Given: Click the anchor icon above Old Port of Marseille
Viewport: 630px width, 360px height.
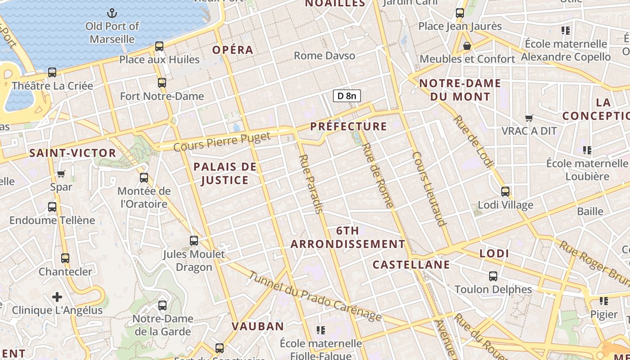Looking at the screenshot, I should pos(112,13).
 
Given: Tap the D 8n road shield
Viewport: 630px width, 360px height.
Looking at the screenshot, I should pos(346,95).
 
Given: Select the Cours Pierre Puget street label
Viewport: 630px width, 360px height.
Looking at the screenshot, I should pos(222,141).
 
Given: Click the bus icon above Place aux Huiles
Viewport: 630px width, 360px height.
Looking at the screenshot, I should pos(159,46).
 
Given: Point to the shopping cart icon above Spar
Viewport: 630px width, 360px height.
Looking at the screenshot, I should pos(61,174).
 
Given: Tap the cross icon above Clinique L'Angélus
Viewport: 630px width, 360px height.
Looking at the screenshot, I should pos(57,297).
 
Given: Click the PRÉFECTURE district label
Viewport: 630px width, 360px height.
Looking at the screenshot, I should pos(349,126).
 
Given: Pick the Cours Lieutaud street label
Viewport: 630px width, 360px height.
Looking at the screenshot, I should pos(429,189).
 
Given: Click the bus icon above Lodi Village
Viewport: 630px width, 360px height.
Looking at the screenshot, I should pos(505,192).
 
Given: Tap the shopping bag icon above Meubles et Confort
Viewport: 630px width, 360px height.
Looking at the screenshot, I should pos(467,46).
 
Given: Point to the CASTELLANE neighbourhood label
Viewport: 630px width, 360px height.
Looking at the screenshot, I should pos(411,265).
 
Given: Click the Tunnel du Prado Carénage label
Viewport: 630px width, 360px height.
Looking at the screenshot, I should pos(315,296).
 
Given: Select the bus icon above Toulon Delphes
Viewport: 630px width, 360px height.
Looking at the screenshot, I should pos(493,276).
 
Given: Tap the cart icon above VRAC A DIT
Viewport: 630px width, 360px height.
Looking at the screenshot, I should pos(529,118).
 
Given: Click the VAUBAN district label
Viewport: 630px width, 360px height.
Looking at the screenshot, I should pos(258,326).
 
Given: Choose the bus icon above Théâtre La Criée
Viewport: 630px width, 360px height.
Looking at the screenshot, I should pos(52,72).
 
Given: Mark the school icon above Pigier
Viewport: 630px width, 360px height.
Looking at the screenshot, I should pos(603,301).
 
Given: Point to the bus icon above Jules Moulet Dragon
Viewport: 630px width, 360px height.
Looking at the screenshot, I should pos(194,241).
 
